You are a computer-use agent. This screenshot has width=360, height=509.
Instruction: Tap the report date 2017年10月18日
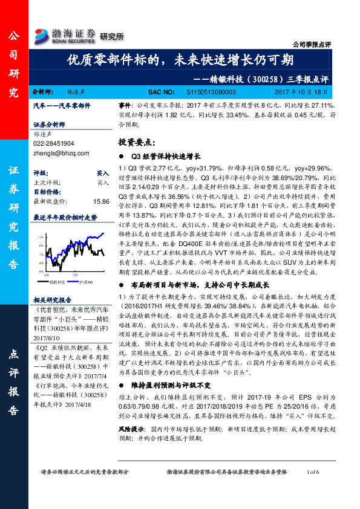pos(301,92)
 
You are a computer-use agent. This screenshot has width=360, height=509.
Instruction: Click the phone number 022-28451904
pos(54,144)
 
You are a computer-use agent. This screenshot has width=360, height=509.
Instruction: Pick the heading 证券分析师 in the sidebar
pos(48,125)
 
